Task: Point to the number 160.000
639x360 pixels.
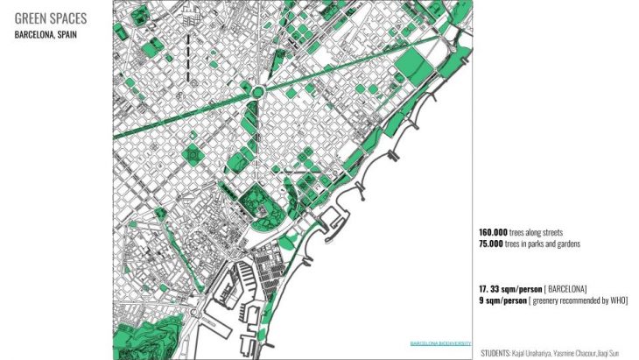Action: tap(495, 232)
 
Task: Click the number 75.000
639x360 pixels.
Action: tap(492, 244)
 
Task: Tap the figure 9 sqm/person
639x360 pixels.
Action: tap(502, 300)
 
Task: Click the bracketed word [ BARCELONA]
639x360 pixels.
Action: tap(565, 288)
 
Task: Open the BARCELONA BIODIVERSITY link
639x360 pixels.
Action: tap(440, 342)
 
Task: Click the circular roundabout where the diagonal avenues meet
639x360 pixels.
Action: tap(260, 89)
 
